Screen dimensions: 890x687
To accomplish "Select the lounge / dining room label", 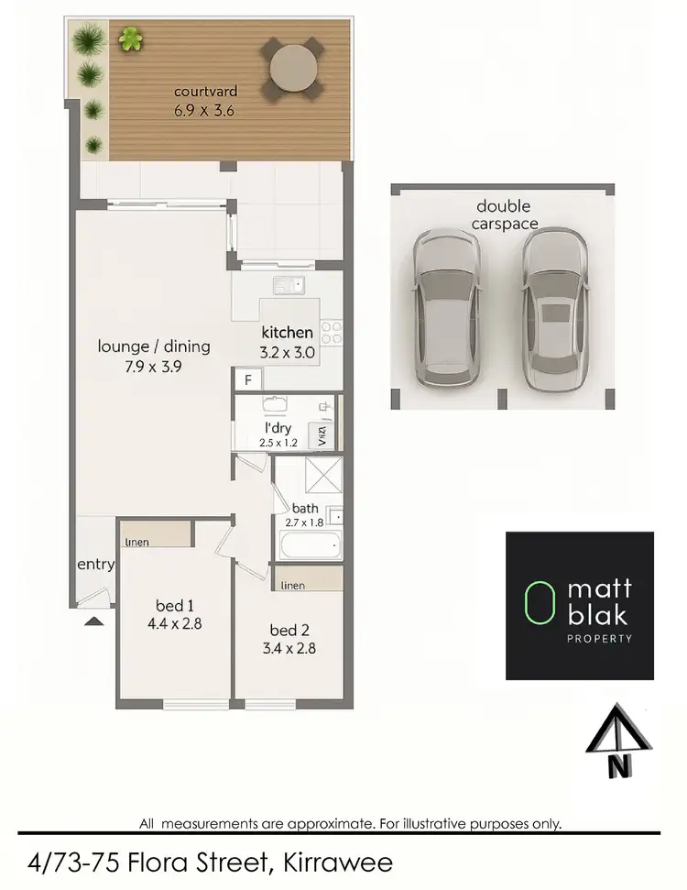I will tap(155, 346).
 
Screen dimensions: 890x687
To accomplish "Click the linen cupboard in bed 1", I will tap(155, 534).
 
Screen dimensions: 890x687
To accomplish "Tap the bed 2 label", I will tap(284, 631).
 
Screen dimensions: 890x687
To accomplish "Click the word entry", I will tap(95, 565).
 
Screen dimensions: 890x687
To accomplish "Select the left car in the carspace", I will tap(443, 306).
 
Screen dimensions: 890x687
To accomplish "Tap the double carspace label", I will tap(503, 214).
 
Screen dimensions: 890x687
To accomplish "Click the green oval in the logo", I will tap(540, 606).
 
